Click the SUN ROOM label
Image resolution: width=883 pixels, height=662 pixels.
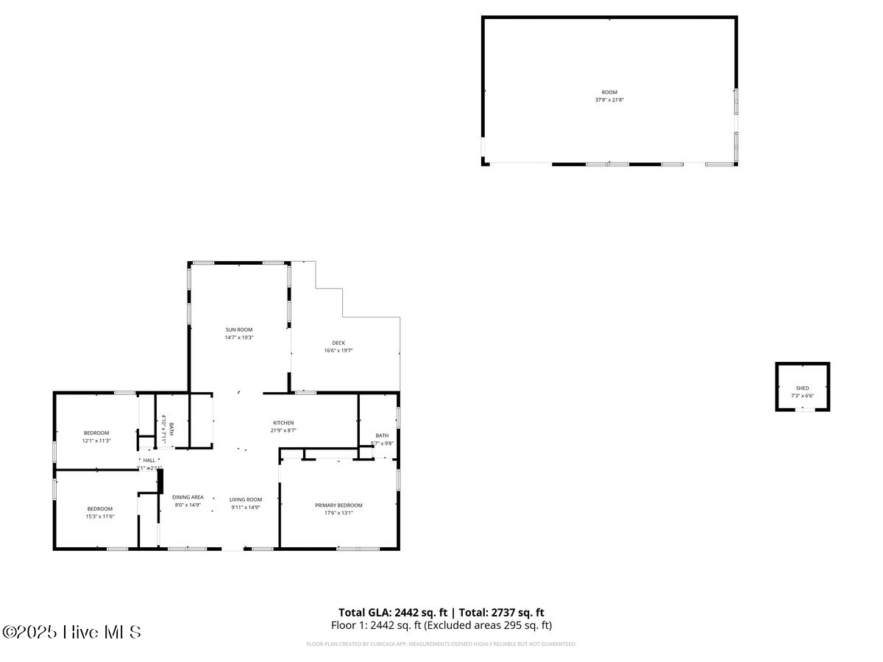(239, 330)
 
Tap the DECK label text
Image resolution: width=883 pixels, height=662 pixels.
(338, 343)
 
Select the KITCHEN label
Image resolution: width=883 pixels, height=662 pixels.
(283, 423)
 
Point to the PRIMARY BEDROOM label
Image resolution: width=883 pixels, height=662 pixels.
(338, 505)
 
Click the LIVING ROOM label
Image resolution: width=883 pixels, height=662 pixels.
(245, 499)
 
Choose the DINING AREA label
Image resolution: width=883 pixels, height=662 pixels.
(188, 497)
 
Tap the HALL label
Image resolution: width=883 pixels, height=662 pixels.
(149, 460)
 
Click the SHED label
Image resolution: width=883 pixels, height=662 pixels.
(802, 388)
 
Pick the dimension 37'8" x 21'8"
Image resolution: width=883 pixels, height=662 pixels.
(609, 100)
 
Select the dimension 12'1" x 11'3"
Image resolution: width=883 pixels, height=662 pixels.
(96, 441)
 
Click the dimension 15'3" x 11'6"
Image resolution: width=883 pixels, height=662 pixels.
(99, 516)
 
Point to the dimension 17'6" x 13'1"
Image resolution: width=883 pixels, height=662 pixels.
(338, 513)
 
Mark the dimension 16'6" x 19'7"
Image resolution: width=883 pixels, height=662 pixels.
(338, 350)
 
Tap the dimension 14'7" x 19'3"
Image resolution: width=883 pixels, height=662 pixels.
(239, 338)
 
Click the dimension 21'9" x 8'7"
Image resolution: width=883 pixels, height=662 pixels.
(283, 430)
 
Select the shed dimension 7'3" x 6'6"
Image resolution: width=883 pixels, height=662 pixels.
(802, 396)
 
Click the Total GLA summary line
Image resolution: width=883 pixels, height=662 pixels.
(441, 612)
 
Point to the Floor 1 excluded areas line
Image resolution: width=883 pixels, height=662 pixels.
(441, 625)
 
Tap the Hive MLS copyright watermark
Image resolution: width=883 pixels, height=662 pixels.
(71, 632)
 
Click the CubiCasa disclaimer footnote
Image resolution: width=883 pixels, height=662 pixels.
(441, 644)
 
